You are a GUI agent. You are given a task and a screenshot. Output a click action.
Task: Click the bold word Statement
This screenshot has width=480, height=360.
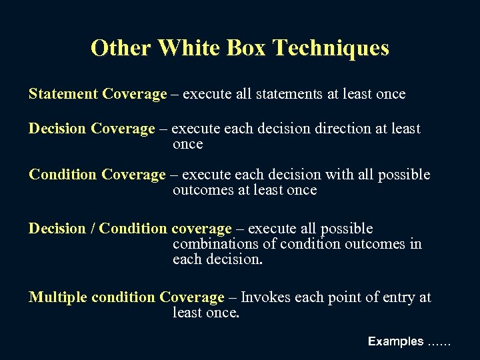click(63, 94)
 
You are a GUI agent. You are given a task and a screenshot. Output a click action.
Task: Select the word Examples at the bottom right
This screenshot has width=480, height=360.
click(395, 341)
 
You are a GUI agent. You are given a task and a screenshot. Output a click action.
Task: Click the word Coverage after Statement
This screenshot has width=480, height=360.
click(135, 94)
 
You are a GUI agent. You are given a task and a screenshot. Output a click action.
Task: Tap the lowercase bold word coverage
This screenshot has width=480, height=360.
click(202, 229)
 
